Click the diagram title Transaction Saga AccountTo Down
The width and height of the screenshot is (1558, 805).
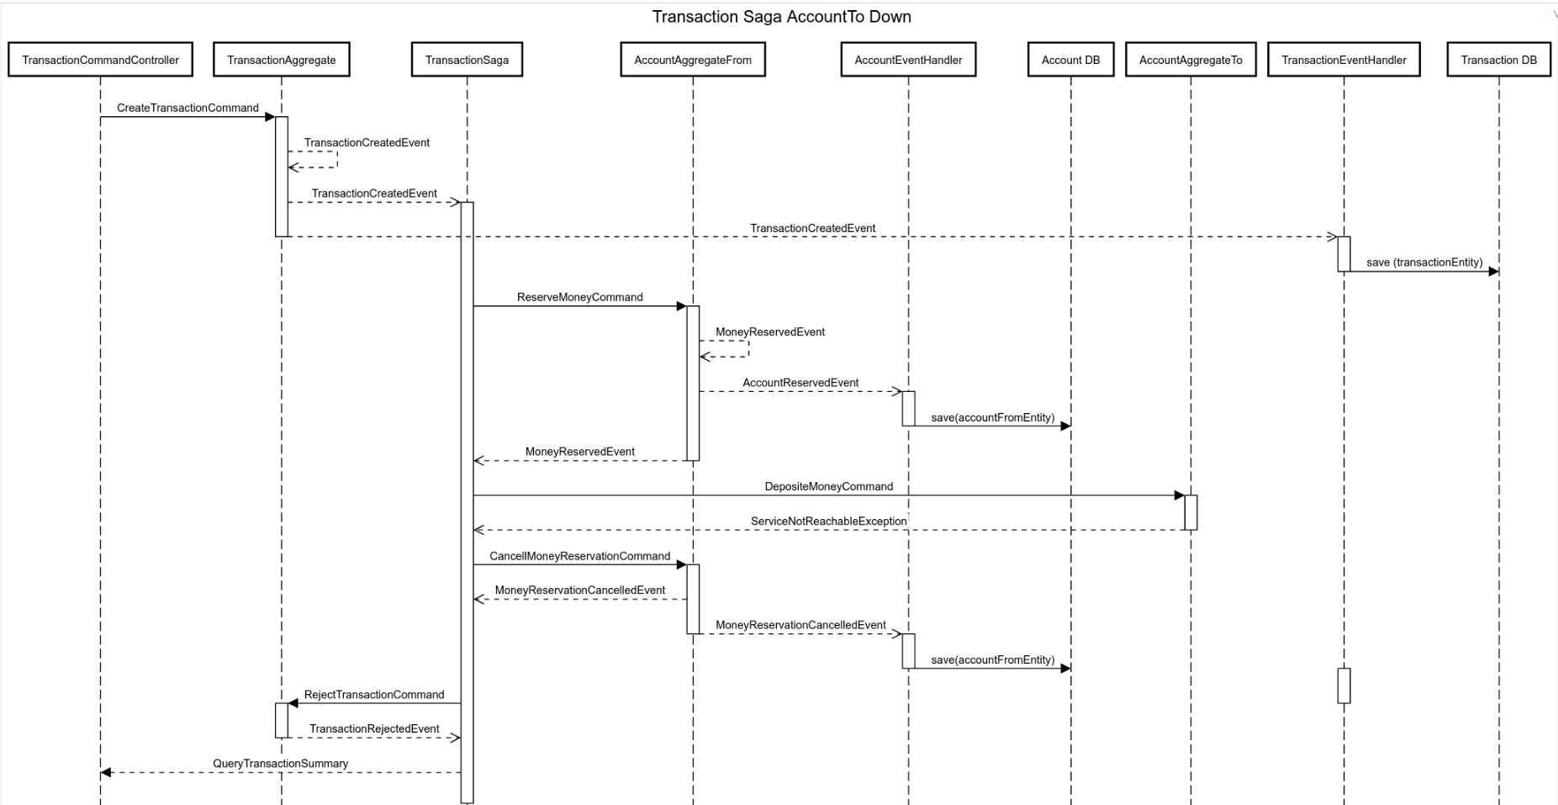[x=781, y=17]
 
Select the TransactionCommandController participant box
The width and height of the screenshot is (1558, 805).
[x=100, y=60]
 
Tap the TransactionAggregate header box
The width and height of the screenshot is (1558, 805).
[x=281, y=60]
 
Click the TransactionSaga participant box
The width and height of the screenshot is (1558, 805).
[x=467, y=60]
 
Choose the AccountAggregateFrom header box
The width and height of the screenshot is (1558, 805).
[x=693, y=60]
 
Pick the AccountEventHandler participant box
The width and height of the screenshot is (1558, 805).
[x=908, y=60]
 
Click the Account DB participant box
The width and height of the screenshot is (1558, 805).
[x=1070, y=60]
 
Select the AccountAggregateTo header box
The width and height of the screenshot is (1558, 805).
[x=1191, y=60]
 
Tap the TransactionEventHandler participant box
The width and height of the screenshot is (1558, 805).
[x=1344, y=60]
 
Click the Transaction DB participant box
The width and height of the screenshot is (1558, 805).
[x=1498, y=60]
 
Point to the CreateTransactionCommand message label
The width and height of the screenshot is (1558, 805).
[x=187, y=108]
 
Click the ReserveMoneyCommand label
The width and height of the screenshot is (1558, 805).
[x=579, y=297]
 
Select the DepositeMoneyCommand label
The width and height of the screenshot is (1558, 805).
[x=828, y=486]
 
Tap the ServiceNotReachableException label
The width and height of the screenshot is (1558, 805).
[x=828, y=521]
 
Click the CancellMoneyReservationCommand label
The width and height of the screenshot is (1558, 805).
[x=579, y=556]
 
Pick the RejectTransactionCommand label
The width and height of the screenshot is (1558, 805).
[x=374, y=694]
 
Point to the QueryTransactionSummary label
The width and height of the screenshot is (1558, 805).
[x=280, y=763]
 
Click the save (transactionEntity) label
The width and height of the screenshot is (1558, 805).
[x=1424, y=262]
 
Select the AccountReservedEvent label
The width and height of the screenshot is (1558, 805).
[x=800, y=383]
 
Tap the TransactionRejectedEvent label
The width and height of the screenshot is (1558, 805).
[x=374, y=728]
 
